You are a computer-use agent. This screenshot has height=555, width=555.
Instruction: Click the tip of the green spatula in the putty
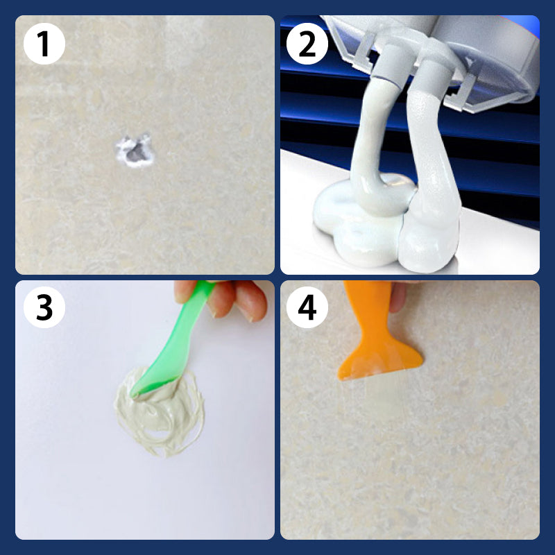[139, 392]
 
